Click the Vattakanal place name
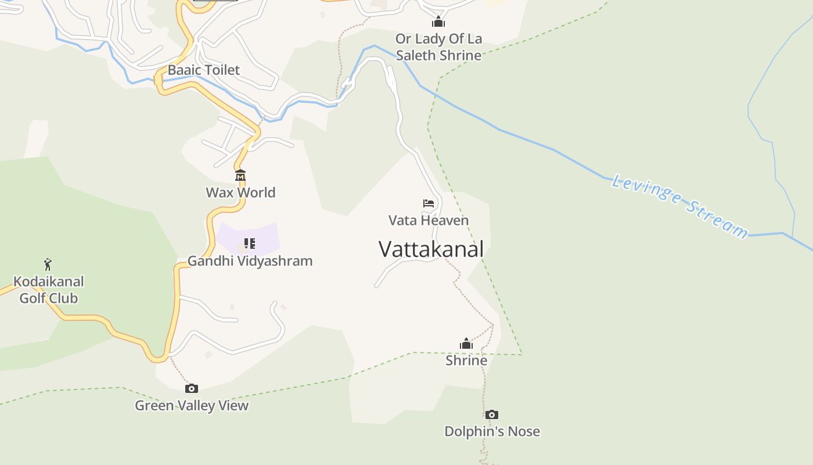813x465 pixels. (431, 249)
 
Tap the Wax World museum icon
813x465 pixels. (240, 175)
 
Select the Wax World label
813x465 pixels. (240, 192)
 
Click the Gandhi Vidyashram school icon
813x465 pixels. (249, 243)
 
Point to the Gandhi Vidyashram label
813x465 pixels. (250, 261)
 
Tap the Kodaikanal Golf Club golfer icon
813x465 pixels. (48, 264)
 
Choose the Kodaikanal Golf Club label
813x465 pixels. (49, 289)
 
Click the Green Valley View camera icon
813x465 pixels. (191, 388)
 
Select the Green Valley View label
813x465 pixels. (192, 406)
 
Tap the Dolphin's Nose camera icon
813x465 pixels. (492, 414)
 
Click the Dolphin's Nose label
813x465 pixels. (492, 431)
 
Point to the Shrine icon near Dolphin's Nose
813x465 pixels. (466, 344)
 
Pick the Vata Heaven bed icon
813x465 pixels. (429, 203)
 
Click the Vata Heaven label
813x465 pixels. (429, 220)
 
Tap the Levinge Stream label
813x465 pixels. (680, 206)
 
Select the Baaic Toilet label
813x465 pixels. (204, 70)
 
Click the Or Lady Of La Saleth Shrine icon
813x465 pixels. (438, 22)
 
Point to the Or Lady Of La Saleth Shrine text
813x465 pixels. (438, 47)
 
